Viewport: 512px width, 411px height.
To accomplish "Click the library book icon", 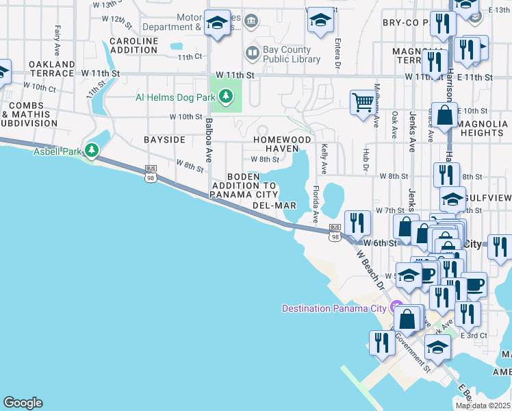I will click(x=252, y=53).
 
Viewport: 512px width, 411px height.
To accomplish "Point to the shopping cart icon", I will click(x=363, y=103).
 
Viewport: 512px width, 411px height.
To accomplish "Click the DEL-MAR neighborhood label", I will click(x=274, y=205).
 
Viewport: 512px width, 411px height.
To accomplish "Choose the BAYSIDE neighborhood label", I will click(x=164, y=140).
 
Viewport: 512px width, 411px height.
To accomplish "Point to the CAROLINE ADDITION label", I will click(x=133, y=46).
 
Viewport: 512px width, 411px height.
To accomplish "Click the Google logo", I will click(x=23, y=403).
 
